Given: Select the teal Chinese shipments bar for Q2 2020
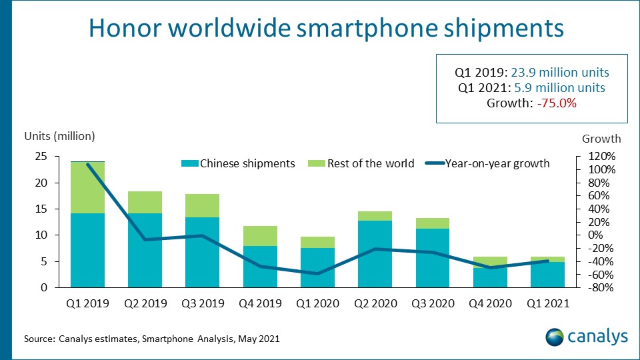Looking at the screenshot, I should point(375,254).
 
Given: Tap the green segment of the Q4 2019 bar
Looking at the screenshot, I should point(260,236).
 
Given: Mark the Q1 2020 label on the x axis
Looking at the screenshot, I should point(317,304).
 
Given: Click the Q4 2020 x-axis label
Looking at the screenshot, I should point(489,304).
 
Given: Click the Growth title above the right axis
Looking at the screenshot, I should point(601,139).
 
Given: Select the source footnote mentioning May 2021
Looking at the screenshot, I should point(151,339).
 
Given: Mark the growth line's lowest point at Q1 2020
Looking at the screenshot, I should point(317,273).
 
